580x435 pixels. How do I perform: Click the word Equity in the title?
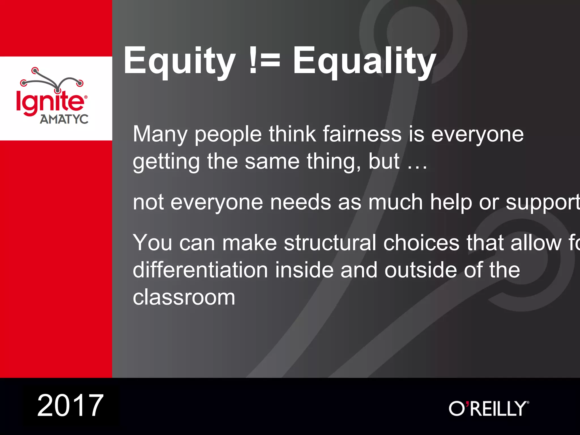point(180,61)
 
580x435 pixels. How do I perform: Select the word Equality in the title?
point(364,61)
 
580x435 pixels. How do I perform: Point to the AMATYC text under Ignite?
point(64,119)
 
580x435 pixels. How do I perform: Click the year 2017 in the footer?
point(71,406)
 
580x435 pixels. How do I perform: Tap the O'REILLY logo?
point(489,408)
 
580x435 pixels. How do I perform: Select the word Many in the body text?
point(160,135)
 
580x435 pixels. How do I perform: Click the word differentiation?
point(200,270)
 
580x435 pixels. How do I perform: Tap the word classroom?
point(184,297)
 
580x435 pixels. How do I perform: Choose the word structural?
point(330,243)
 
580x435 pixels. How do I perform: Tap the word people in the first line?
point(228,135)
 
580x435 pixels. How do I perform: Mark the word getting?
point(166,162)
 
